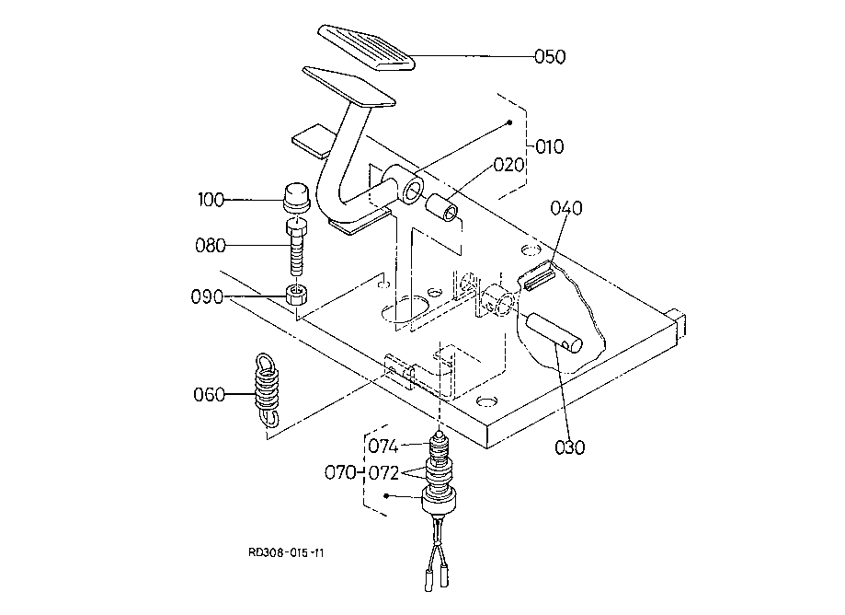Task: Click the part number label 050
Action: tap(550, 57)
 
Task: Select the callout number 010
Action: tap(550, 146)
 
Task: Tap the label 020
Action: tap(508, 165)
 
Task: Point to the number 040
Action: tap(566, 208)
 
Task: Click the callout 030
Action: tap(570, 447)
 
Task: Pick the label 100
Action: tap(211, 200)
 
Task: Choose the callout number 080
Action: tap(211, 246)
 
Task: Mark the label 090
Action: tap(207, 297)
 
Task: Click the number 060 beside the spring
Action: tap(209, 395)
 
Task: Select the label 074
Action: tap(383, 447)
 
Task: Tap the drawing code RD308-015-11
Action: tap(286, 553)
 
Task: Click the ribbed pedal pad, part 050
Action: tap(367, 48)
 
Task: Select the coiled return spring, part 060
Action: tap(268, 389)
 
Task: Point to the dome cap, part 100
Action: tap(296, 197)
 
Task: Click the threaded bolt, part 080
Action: tap(295, 247)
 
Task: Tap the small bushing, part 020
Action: tap(442, 209)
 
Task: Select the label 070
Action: tap(340, 473)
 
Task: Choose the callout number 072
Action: tap(383, 473)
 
